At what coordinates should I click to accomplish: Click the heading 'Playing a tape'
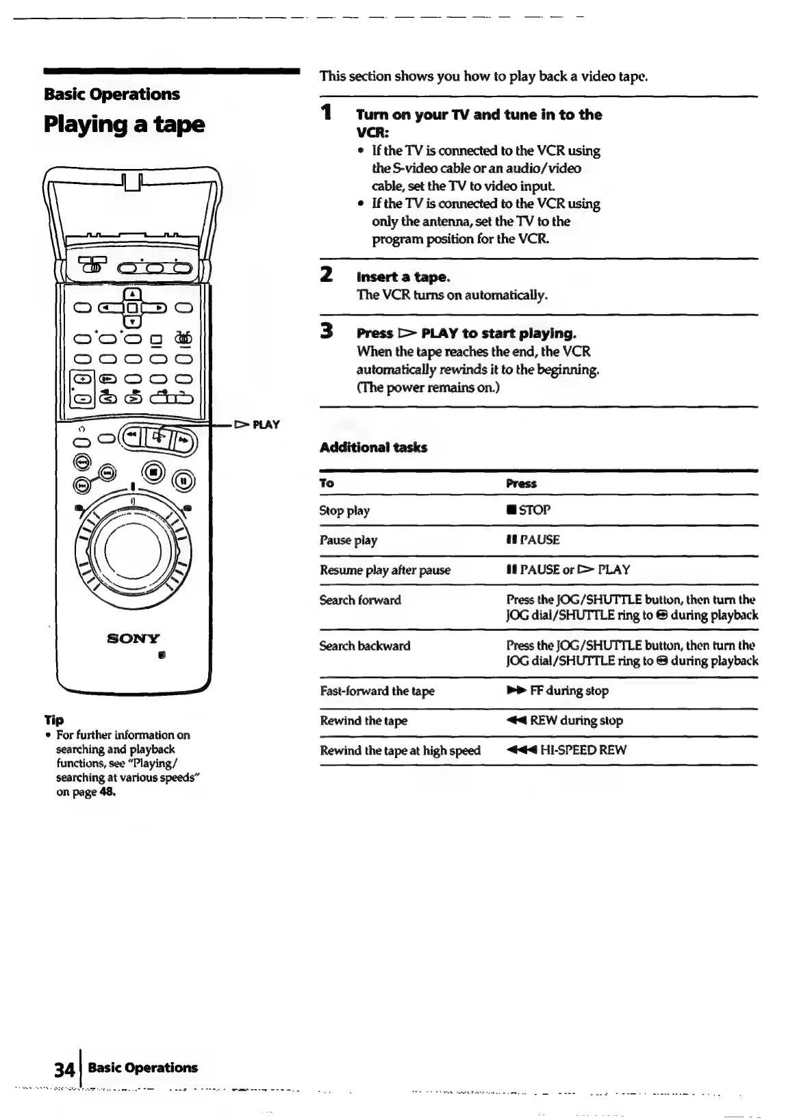(x=124, y=125)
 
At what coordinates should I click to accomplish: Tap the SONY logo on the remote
(x=134, y=638)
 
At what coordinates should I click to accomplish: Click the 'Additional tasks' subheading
(x=373, y=447)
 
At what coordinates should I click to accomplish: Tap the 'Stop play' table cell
(x=344, y=510)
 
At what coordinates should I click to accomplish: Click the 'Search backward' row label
(x=365, y=646)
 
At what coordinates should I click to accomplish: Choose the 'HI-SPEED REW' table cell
(x=566, y=750)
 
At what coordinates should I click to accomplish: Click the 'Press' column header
(x=521, y=484)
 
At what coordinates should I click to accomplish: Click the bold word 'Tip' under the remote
(x=53, y=720)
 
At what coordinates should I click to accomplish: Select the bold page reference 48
(x=107, y=793)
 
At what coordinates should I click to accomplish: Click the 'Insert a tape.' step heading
(x=403, y=277)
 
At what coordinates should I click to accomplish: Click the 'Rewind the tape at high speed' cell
(x=400, y=751)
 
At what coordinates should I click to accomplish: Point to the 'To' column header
(x=327, y=484)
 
